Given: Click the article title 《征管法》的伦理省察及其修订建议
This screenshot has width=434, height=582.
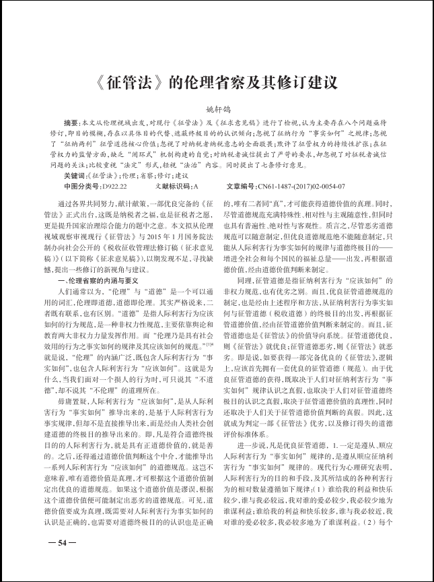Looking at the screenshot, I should (217, 84).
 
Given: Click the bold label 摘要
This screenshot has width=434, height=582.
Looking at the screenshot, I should (71, 123).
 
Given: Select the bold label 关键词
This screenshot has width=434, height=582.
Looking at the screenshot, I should (73, 174).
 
